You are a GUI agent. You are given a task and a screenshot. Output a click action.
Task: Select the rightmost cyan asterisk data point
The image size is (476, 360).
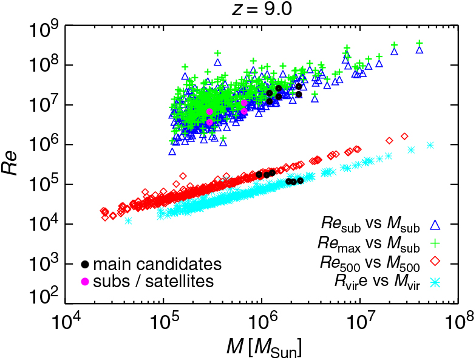coord(430,145)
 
